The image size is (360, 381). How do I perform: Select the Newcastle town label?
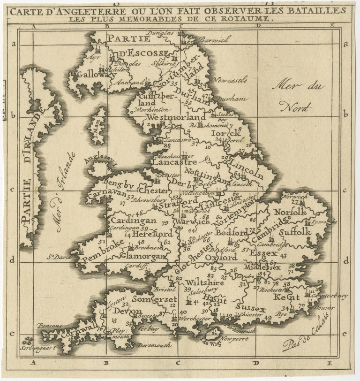[x=230, y=81]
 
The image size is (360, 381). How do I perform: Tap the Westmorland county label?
[x=176, y=116]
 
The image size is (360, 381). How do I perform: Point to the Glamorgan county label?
[x=138, y=256]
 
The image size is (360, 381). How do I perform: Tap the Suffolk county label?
[x=293, y=232]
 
